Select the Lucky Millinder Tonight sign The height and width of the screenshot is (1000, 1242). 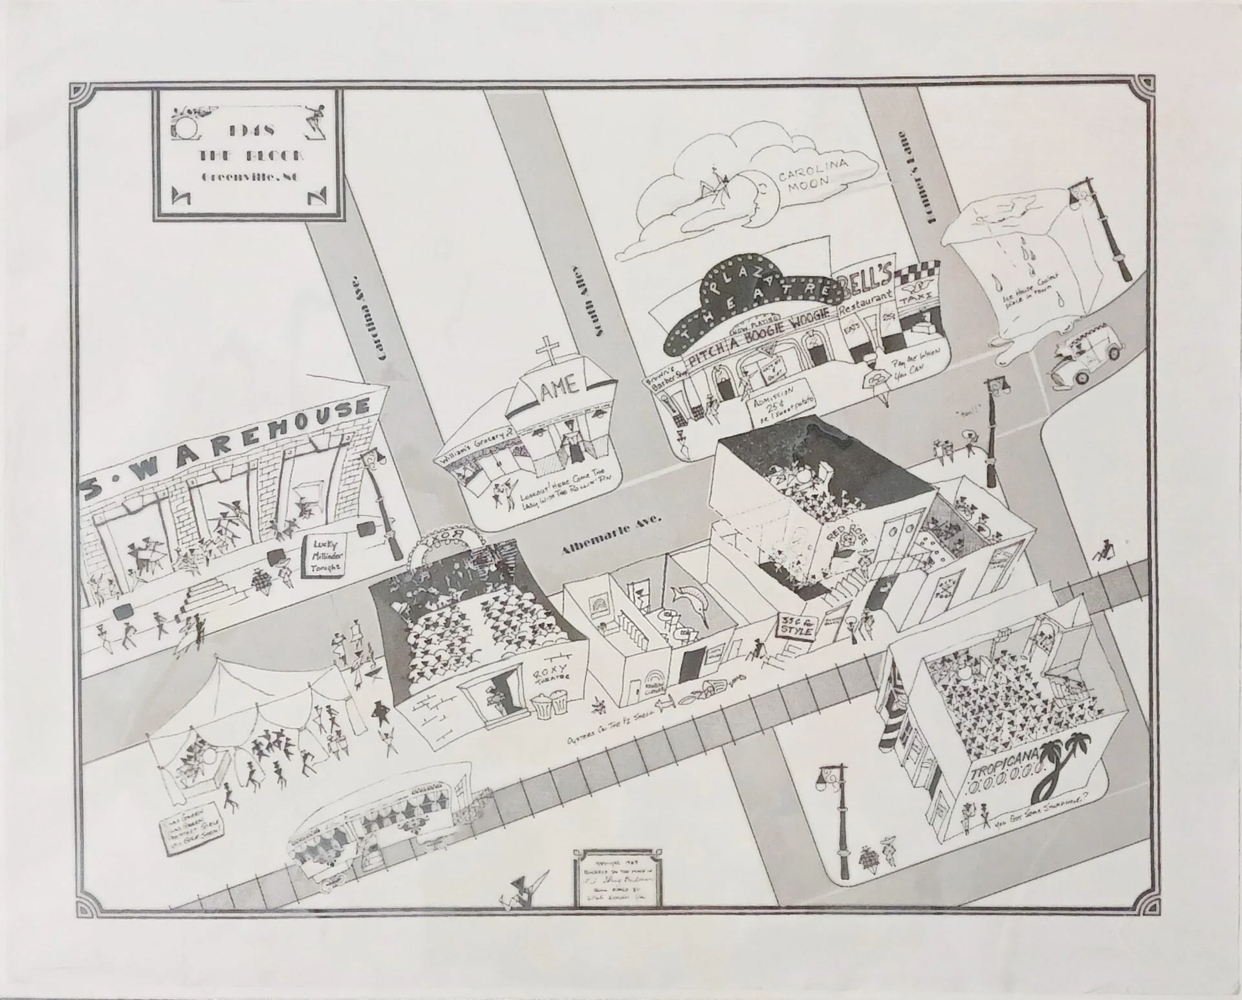point(325,554)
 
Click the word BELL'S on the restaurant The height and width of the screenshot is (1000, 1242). point(866,283)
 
